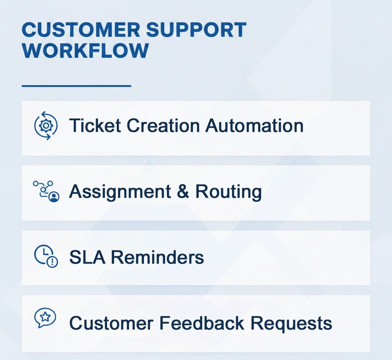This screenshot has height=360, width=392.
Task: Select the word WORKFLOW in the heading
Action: click(85, 51)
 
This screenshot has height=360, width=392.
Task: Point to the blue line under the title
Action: click(76, 86)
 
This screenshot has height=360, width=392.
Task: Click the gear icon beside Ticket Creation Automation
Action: click(46, 125)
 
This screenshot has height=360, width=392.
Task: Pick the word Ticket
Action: click(95, 125)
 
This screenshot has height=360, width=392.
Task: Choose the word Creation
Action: click(163, 125)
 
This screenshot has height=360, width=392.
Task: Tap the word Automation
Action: click(254, 125)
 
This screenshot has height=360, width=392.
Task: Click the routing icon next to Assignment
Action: click(46, 191)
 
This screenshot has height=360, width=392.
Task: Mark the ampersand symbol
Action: click(183, 191)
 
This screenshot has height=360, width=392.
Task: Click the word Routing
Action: click(228, 191)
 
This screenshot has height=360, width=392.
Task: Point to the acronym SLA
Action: click(87, 257)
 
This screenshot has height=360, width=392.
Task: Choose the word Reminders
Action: click(157, 257)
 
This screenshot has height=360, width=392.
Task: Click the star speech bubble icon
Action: click(45, 318)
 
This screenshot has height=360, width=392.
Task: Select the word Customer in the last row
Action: click(111, 323)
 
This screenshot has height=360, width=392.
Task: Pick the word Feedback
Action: click(202, 323)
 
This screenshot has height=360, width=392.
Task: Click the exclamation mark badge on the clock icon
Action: click(52, 262)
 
